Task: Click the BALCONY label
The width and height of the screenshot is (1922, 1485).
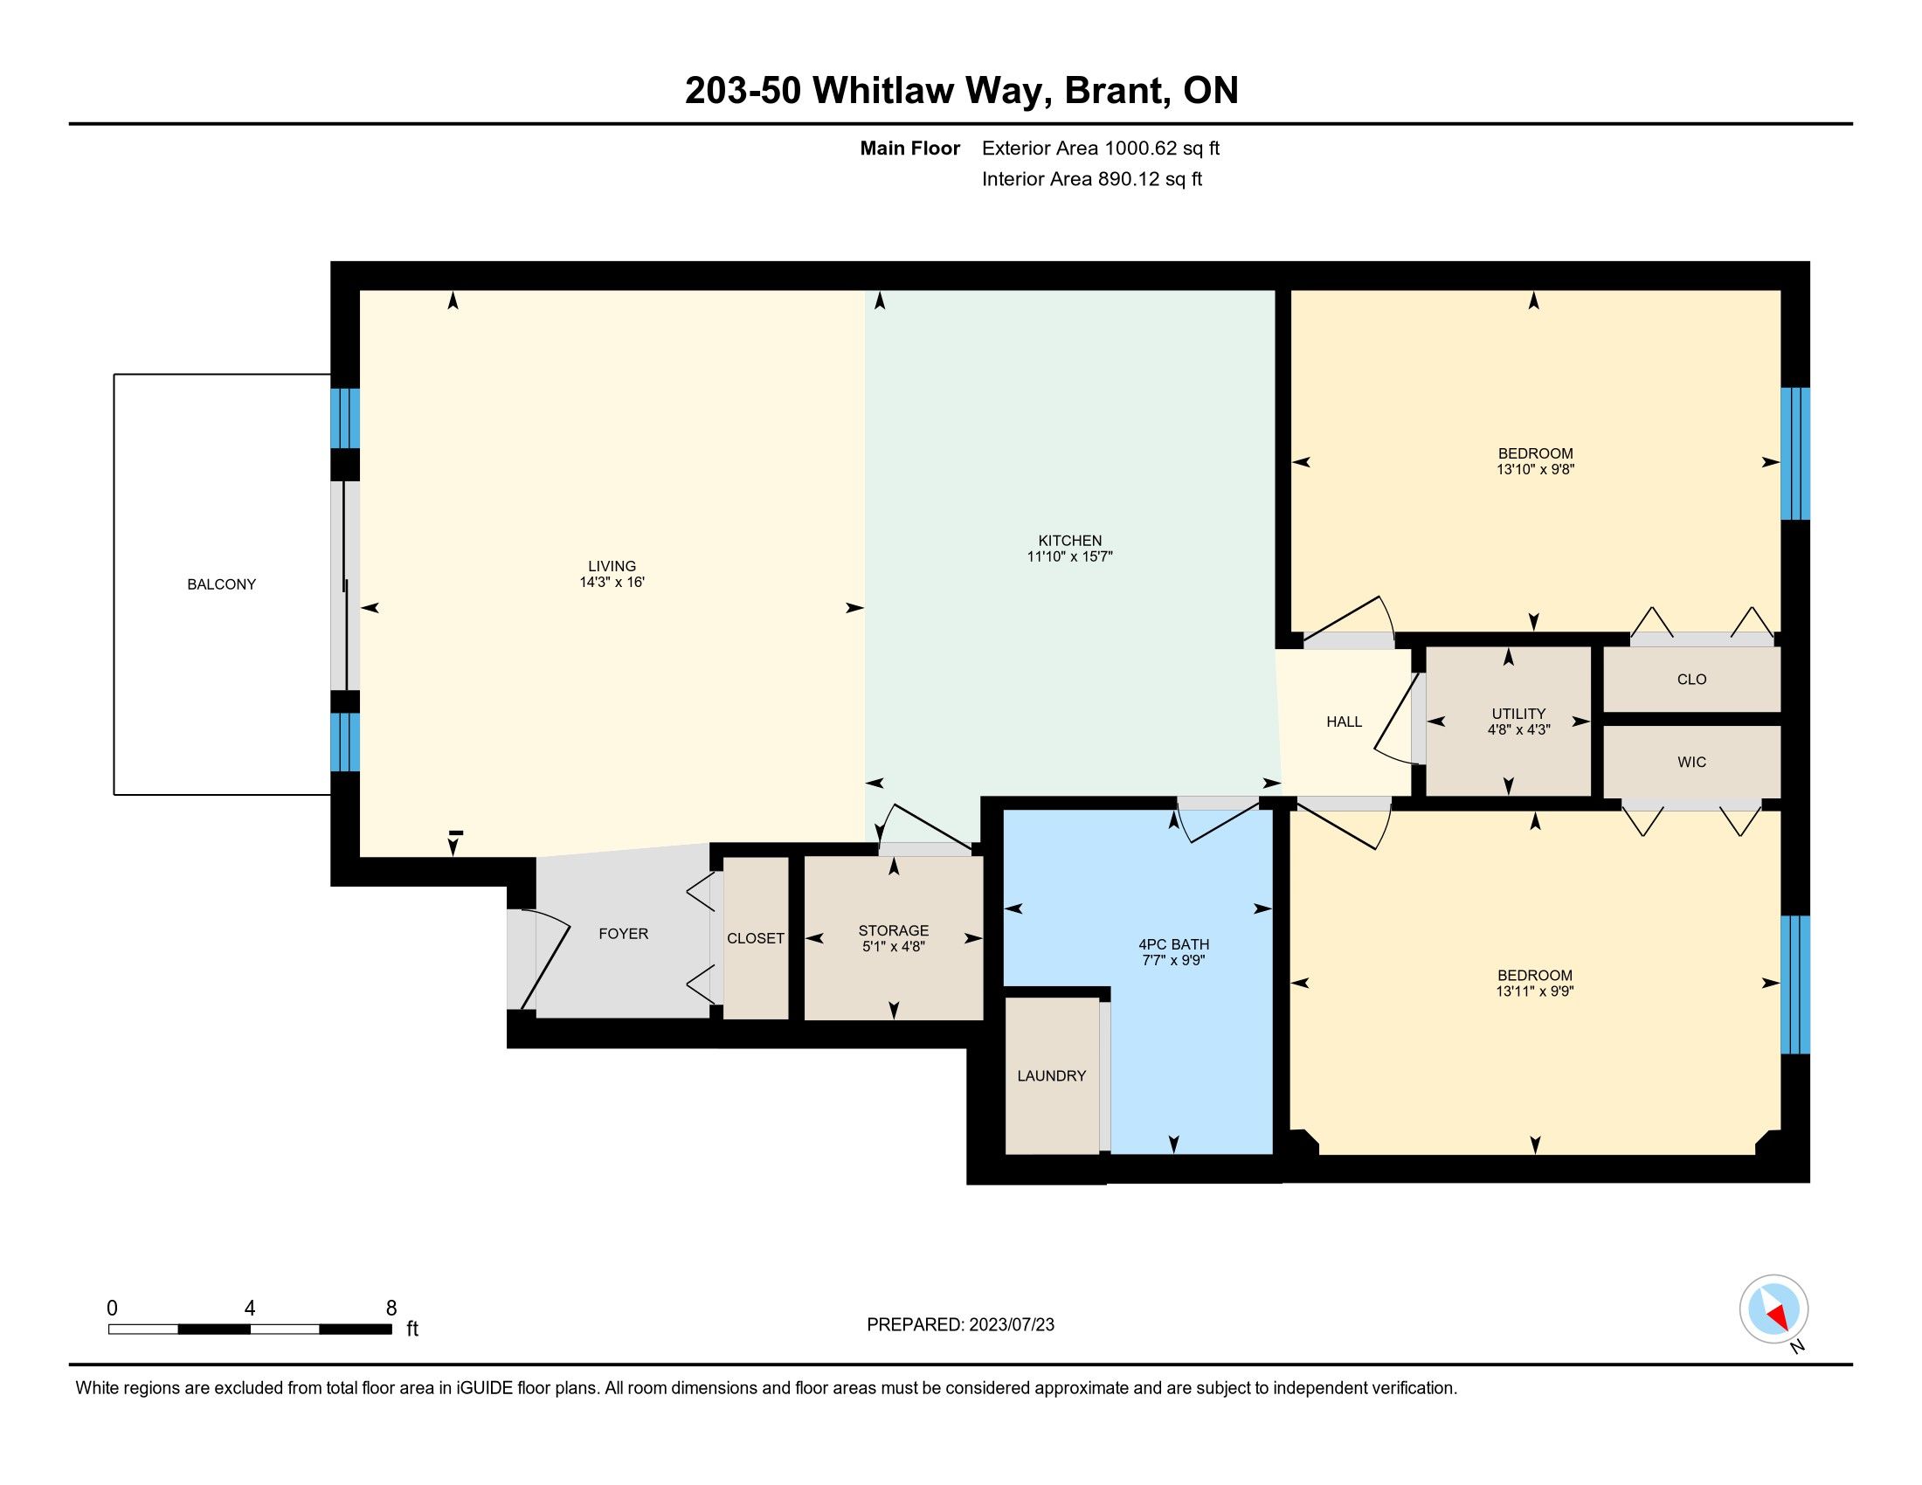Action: (x=222, y=584)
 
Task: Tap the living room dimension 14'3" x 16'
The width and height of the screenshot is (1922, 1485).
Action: (x=612, y=583)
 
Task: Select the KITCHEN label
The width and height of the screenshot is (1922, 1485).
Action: (x=1070, y=541)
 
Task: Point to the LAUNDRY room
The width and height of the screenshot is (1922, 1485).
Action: (x=1052, y=1076)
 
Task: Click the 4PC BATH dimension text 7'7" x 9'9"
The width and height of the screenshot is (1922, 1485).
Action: (x=1173, y=961)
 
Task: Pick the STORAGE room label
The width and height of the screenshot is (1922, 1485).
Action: (x=893, y=931)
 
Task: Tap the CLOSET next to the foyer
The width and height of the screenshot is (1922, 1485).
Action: (x=755, y=939)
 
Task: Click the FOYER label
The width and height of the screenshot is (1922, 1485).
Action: (x=623, y=935)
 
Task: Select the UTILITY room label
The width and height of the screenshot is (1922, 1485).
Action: (x=1519, y=714)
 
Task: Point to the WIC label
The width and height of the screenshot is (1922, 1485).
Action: (x=1691, y=762)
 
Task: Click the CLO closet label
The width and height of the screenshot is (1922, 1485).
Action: (x=1691, y=679)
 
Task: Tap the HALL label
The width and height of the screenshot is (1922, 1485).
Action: (x=1344, y=722)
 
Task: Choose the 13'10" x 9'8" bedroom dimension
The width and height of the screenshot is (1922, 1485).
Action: (x=1535, y=470)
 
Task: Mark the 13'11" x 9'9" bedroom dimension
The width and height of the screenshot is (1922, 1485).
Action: (x=1535, y=991)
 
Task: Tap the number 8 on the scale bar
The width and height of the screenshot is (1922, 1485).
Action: (x=391, y=1309)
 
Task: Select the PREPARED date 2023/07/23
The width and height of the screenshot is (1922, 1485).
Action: (x=1011, y=1325)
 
